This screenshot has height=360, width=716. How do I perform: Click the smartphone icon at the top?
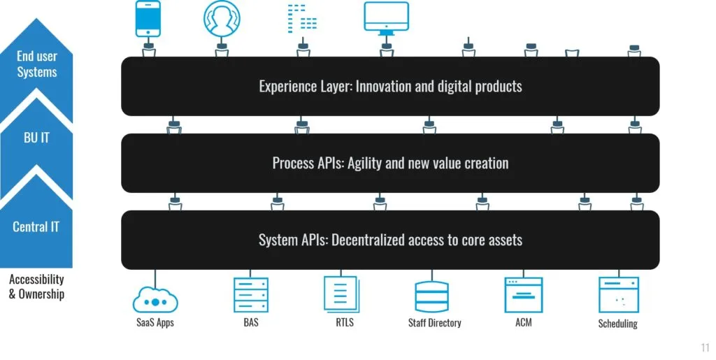click(x=148, y=19)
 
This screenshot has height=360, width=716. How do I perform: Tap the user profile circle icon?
click(x=221, y=19)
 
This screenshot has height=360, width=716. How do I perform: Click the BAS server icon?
click(x=250, y=294)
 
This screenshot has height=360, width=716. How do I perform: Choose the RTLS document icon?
click(x=342, y=294)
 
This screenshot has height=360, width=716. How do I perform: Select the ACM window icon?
click(x=524, y=294)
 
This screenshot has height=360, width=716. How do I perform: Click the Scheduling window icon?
click(x=618, y=295)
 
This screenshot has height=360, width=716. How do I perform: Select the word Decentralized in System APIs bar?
click(x=370, y=240)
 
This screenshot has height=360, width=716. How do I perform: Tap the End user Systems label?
click(x=37, y=64)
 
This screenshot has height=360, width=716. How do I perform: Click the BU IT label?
click(x=36, y=138)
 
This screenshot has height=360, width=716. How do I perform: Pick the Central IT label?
click(x=36, y=226)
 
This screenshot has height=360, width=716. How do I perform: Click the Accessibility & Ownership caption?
click(x=36, y=287)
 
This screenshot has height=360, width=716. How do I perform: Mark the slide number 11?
click(x=704, y=347)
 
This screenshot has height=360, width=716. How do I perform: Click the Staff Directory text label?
click(x=434, y=323)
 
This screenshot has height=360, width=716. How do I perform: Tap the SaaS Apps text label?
click(x=155, y=323)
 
